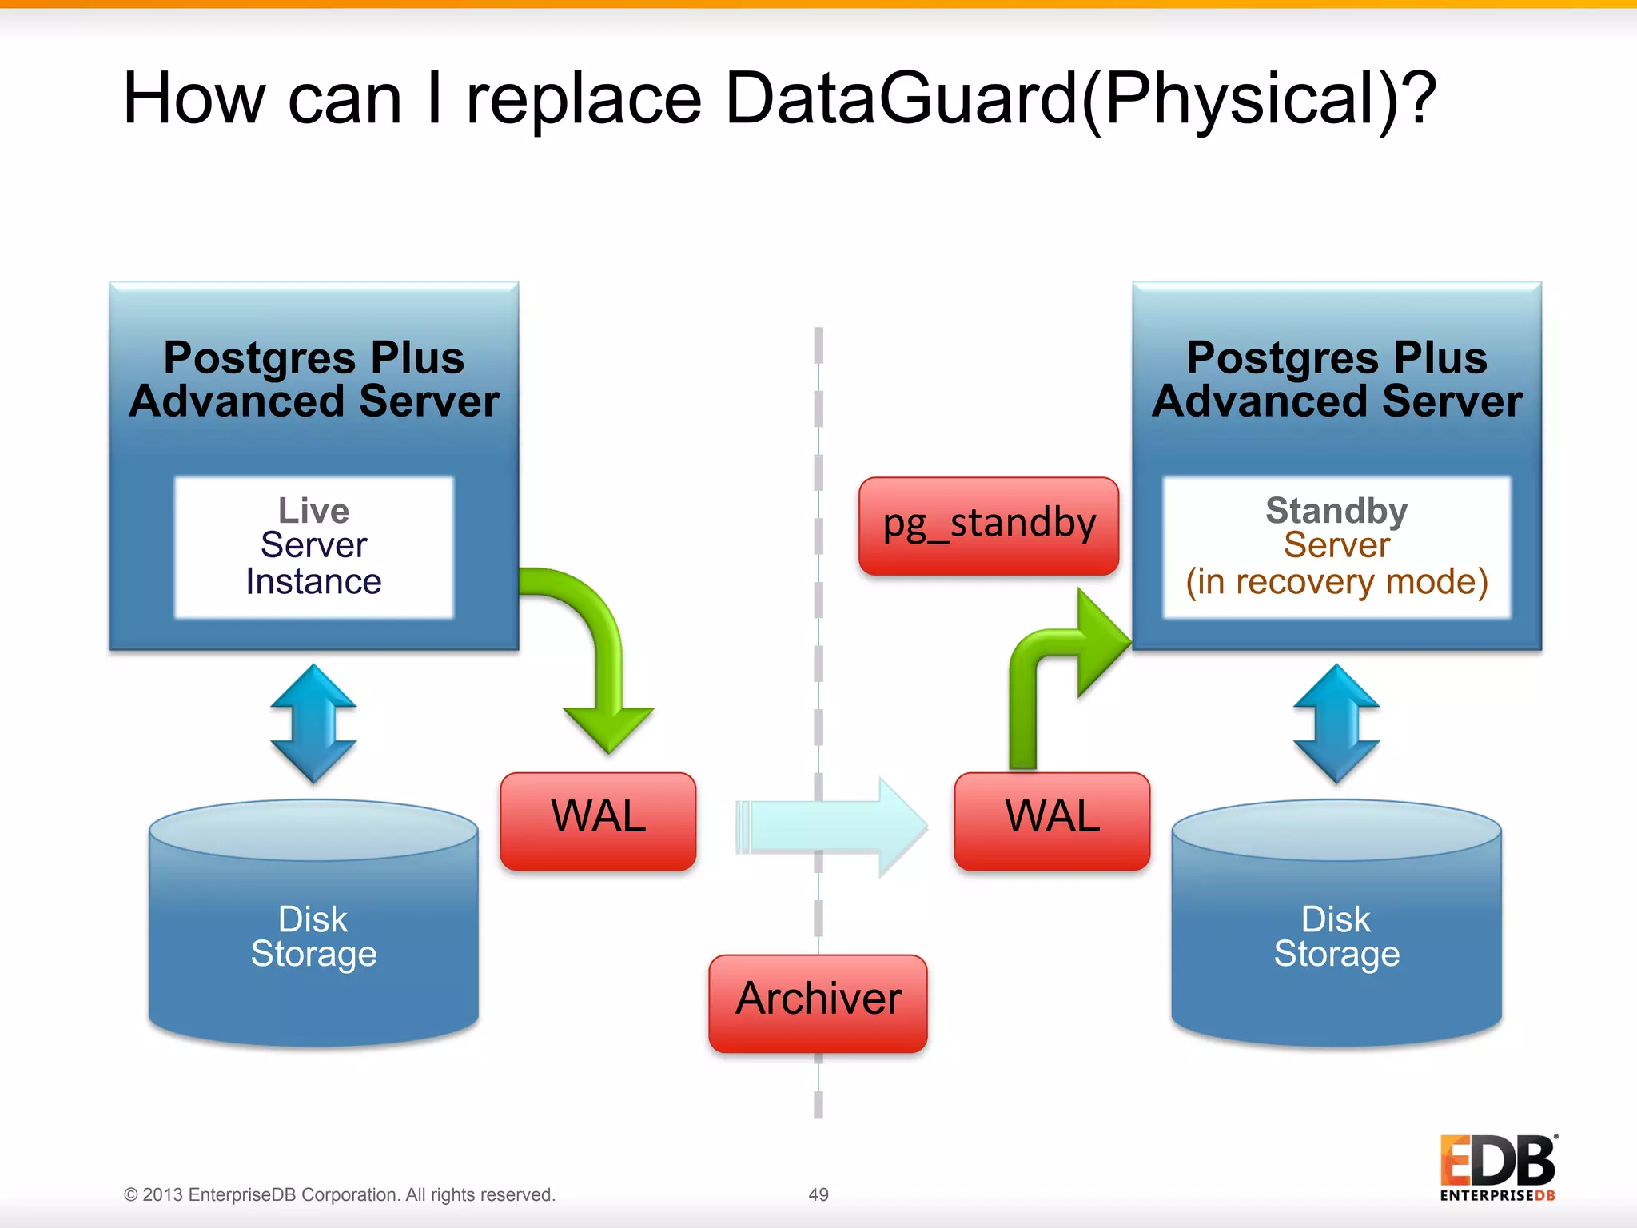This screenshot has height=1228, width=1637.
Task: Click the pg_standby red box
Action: tap(989, 526)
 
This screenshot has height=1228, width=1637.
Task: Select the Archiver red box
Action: tap(818, 1003)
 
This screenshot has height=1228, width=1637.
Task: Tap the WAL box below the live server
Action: tap(598, 821)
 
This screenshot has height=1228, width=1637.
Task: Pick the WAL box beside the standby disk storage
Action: tap(1052, 821)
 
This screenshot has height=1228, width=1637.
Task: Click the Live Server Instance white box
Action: tap(314, 548)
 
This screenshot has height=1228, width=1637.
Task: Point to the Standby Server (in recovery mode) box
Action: tap(1336, 548)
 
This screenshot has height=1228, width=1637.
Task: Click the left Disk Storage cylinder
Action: tap(313, 935)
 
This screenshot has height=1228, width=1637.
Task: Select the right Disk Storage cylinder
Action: tap(1336, 935)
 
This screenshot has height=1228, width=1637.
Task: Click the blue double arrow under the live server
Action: tap(313, 724)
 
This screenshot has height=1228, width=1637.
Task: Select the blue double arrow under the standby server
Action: tap(1336, 724)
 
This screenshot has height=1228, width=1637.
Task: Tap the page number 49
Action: tap(818, 1194)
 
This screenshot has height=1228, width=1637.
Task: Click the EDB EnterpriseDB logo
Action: tap(1497, 1167)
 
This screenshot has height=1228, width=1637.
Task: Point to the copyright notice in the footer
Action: tap(339, 1194)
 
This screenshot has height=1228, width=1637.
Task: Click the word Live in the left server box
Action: tap(313, 510)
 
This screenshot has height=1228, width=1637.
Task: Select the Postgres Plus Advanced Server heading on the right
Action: tap(1336, 379)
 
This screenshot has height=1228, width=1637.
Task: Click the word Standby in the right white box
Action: tap(1336, 510)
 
